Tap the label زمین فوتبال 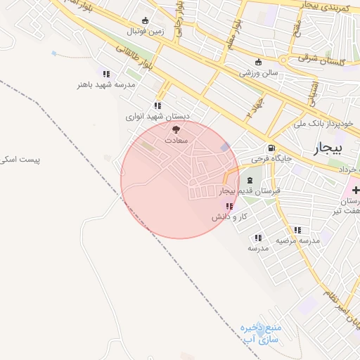pyautogui.click(x=146, y=32)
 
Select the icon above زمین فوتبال pyautogui.click(x=146, y=20)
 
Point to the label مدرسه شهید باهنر pyautogui.click(x=106, y=84)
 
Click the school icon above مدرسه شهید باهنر pyautogui.click(x=106, y=74)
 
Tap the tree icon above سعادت pyautogui.click(x=176, y=129)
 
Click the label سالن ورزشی pyautogui.click(x=259, y=72)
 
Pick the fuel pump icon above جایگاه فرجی pyautogui.click(x=271, y=148)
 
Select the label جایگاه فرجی pyautogui.click(x=271, y=160)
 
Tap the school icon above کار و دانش pyautogui.click(x=229, y=206)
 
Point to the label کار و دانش pyautogui.click(x=229, y=217)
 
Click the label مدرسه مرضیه pyautogui.click(x=297, y=240)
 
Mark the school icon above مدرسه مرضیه pyautogui.click(x=297, y=230)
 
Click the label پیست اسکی pyautogui.click(x=20, y=160)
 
